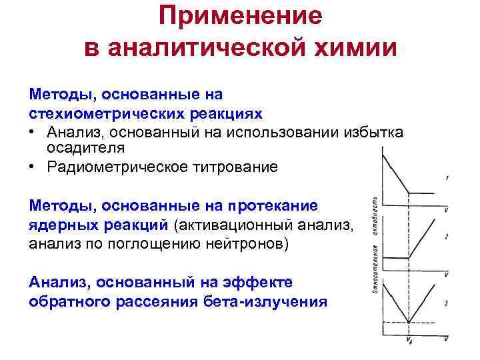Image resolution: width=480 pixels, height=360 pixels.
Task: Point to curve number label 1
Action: pos(446,178)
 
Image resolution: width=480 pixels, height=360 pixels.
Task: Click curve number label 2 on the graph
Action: pos(446,237)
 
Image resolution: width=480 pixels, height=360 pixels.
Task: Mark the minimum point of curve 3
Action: pos(408,323)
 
